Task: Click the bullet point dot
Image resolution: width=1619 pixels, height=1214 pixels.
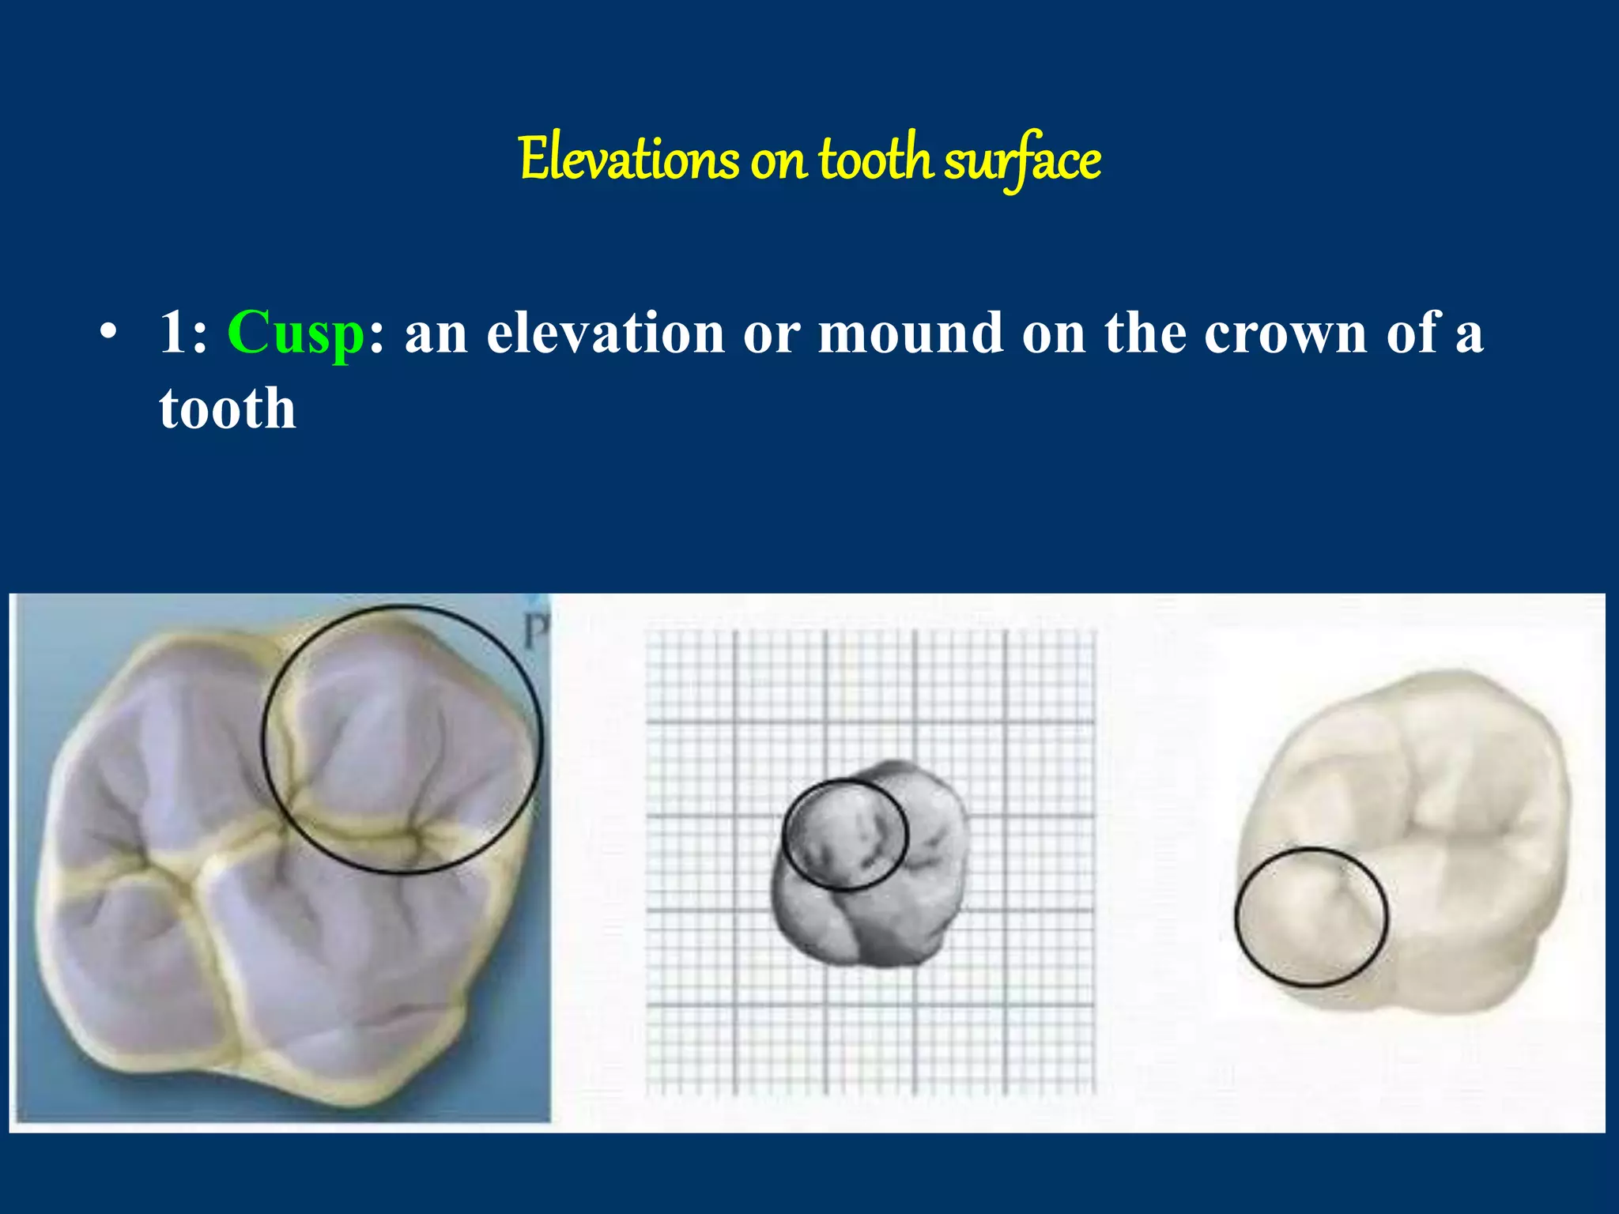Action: click(109, 332)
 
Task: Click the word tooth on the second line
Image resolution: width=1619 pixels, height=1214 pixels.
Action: click(227, 409)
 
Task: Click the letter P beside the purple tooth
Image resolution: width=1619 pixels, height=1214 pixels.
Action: click(537, 632)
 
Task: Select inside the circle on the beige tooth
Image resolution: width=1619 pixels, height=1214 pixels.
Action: click(1311, 917)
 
